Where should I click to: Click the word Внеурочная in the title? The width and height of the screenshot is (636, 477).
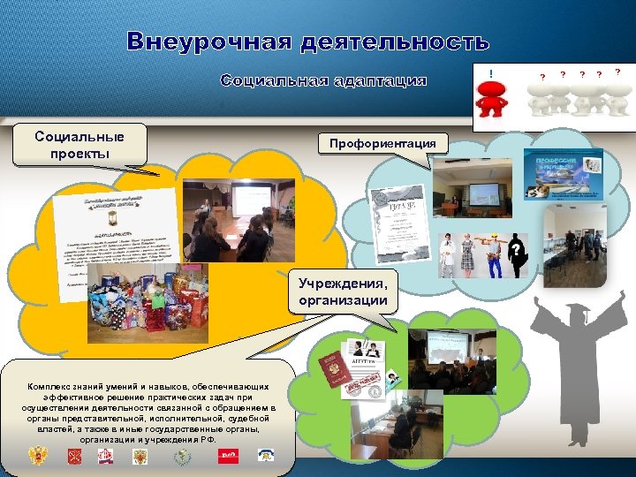[x=208, y=42]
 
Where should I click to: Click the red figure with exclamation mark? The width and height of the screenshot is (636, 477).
[x=491, y=95]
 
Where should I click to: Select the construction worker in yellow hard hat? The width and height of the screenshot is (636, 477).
[x=490, y=251]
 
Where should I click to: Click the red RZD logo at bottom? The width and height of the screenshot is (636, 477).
[x=228, y=456]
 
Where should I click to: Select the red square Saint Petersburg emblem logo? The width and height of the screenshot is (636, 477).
[x=75, y=456]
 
